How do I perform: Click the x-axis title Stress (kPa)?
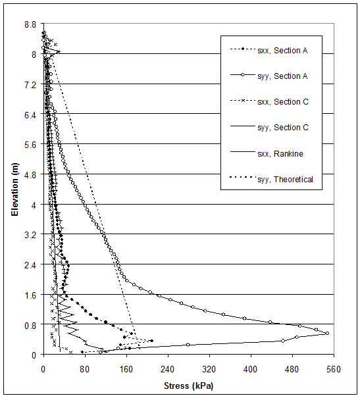[x=188, y=385]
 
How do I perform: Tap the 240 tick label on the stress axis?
[x=168, y=369]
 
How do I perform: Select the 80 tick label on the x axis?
[x=85, y=369]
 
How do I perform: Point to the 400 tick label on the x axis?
[x=251, y=369]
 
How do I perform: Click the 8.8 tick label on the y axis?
[x=29, y=24]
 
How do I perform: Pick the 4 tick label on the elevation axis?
[x=34, y=205]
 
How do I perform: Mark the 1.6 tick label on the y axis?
[x=29, y=295]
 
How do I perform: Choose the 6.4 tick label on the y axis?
[x=29, y=114]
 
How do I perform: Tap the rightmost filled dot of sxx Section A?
[x=151, y=341]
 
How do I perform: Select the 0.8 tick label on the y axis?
[x=29, y=325]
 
